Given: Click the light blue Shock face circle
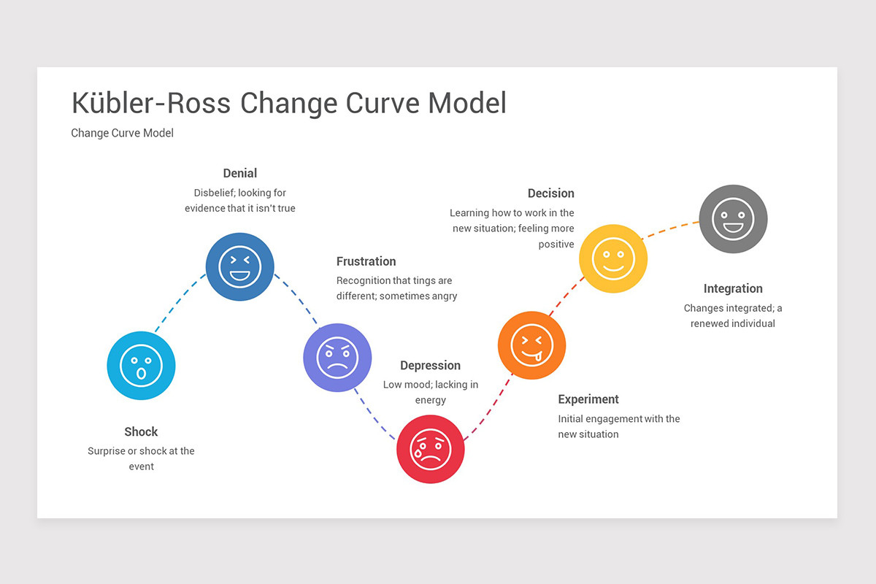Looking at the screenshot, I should coord(141,365).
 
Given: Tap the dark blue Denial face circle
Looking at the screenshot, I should coord(239,266).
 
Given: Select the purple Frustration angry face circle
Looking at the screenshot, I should coord(337,357).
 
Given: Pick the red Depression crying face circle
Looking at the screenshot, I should coord(431,449).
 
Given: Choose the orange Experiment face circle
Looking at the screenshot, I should coord(531,345).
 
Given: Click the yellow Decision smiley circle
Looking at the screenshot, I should coord(613,258).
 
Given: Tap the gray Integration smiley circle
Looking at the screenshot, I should coord(733,218).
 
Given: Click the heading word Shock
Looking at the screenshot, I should coord(141,431).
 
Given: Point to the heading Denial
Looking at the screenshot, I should coord(240,173).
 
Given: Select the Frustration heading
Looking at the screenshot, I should coord(366,261).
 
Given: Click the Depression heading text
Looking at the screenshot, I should coord(430,366).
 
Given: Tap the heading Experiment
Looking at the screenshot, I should coord(588,399).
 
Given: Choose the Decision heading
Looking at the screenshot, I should coord(550,193).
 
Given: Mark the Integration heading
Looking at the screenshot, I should coord(733,288).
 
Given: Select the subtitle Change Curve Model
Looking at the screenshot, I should coord(122,133).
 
